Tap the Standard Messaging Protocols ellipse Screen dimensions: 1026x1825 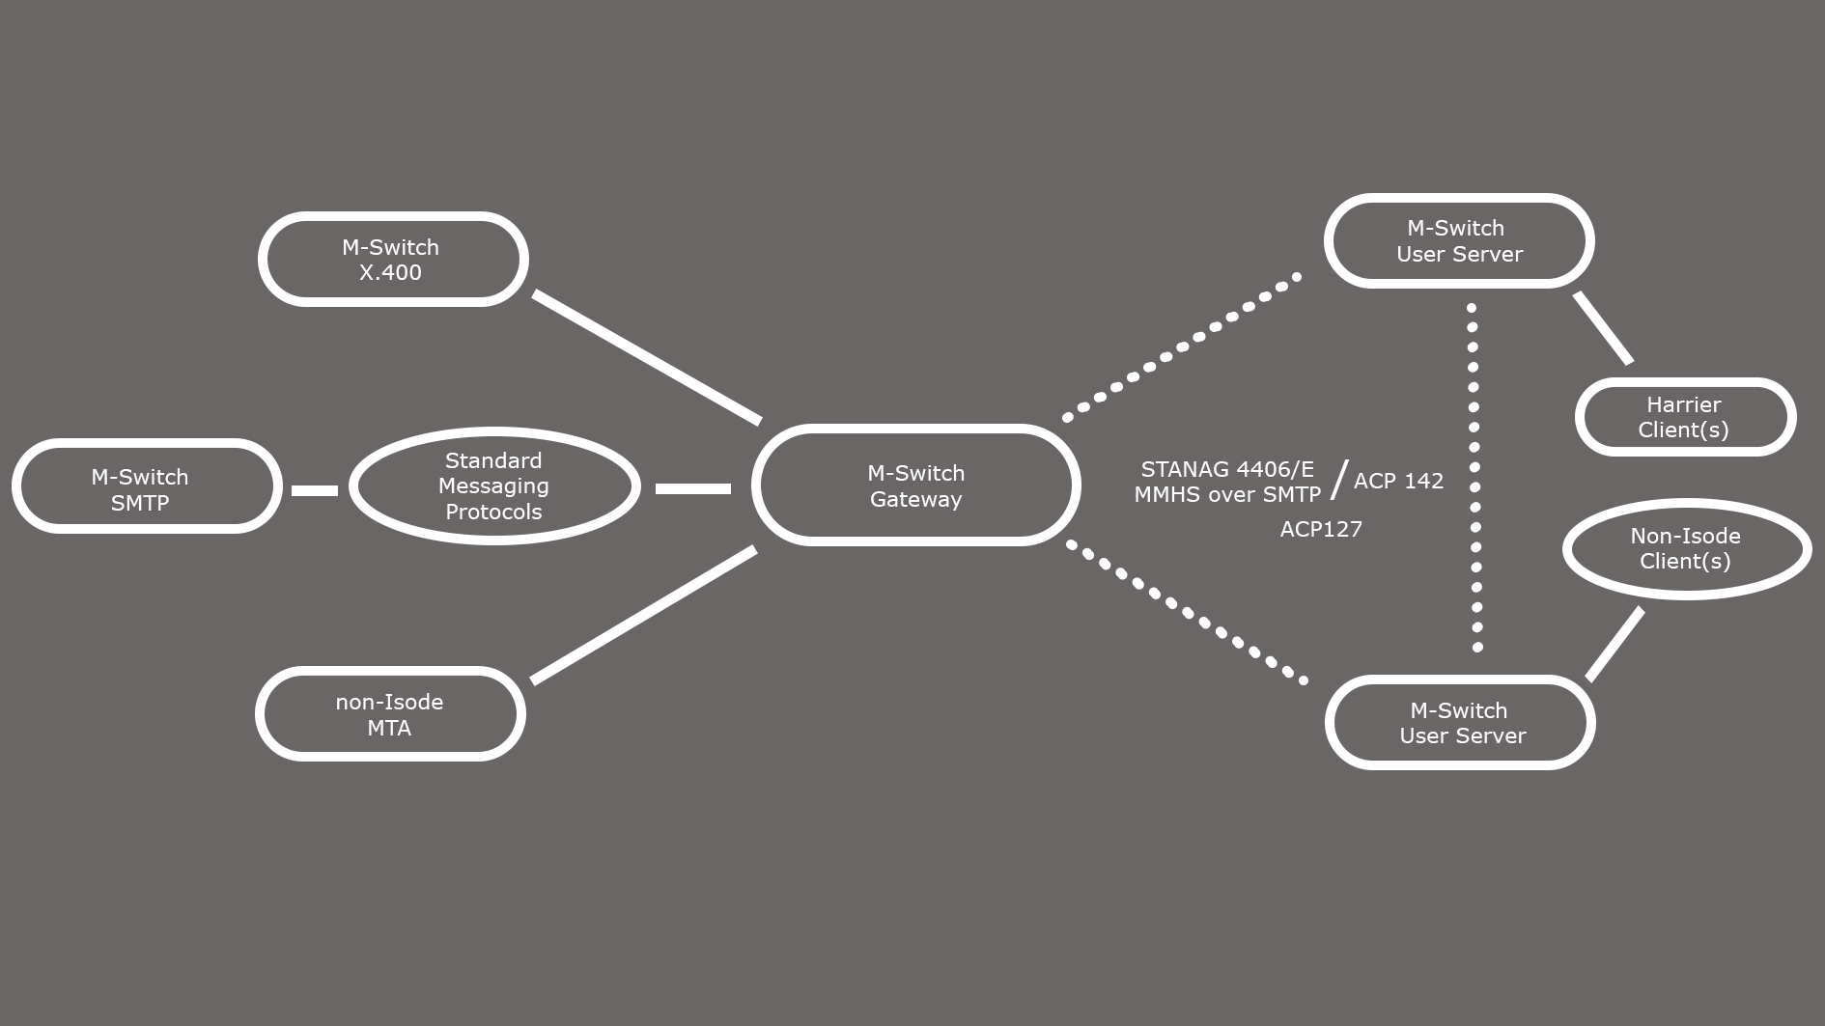pos(493,486)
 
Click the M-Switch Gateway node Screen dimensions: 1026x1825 pos(915,485)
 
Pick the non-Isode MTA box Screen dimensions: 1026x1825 pos(390,714)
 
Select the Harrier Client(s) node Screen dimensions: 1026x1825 pos(1684,417)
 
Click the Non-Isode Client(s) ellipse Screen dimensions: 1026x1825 pos(1686,548)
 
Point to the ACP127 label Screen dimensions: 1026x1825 pos(1321,529)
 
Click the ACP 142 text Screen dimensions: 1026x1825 pos(1398,481)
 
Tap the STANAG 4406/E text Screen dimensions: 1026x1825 pos(1227,469)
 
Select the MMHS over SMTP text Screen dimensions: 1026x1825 pos(1227,494)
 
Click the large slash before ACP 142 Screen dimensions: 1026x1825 pos(1338,480)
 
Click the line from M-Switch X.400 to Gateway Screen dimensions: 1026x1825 pos(646,357)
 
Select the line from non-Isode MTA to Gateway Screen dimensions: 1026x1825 pos(643,615)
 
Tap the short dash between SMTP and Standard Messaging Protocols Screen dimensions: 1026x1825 pos(315,490)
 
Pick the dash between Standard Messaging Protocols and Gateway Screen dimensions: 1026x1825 pos(692,488)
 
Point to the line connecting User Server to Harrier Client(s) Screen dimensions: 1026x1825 pos(1603,328)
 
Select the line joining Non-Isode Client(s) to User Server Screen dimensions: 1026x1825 pos(1614,644)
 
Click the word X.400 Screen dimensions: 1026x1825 pos(390,272)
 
